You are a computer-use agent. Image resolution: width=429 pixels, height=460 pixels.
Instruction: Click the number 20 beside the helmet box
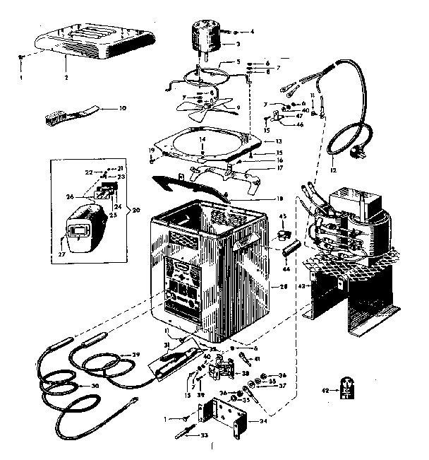click(136, 210)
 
